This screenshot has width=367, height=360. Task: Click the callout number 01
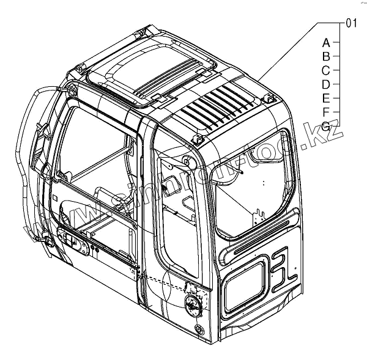(351, 24)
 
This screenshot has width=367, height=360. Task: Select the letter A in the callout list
(326, 43)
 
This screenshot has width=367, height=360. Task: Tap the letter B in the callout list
(326, 56)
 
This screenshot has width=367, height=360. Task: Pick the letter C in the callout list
(326, 70)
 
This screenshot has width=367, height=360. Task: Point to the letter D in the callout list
(326, 84)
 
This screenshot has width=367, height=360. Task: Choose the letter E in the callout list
(326, 98)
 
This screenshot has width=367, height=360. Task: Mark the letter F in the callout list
(326, 111)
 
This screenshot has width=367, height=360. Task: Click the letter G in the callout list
(326, 125)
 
